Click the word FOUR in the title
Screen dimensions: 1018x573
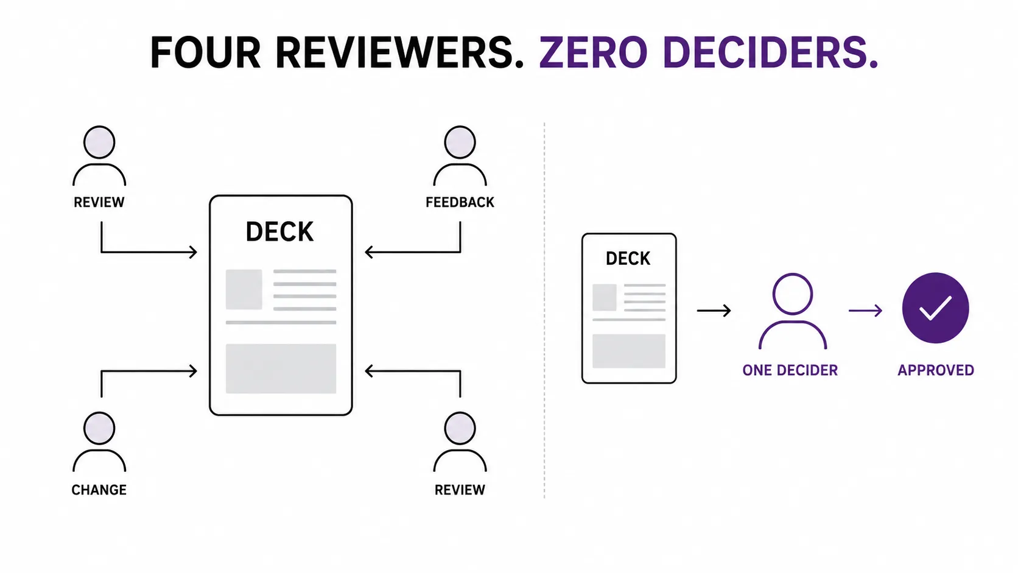pos(205,52)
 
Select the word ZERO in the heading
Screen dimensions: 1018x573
pos(593,52)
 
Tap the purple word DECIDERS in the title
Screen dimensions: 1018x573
pos(770,52)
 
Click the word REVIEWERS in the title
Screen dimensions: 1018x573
pos(399,52)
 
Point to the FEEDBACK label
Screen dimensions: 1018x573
pos(460,202)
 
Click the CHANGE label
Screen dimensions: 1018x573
pos(99,490)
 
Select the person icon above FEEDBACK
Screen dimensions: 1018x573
pos(460,156)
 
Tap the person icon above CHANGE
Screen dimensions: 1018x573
pos(99,441)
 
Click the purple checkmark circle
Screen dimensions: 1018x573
pos(935,308)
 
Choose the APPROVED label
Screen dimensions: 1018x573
pos(936,370)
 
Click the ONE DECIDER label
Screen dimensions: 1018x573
pos(790,370)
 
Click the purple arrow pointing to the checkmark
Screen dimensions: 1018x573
pos(865,311)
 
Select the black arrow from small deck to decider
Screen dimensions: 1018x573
pos(714,311)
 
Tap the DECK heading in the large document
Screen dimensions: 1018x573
pos(279,232)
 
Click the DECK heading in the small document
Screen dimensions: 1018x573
pos(628,259)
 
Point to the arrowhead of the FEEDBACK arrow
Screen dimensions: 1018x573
pos(368,251)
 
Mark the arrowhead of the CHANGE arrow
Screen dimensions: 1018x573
pos(194,371)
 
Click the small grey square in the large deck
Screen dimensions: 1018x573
pos(244,289)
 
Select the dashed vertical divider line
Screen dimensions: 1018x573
pos(544,311)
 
